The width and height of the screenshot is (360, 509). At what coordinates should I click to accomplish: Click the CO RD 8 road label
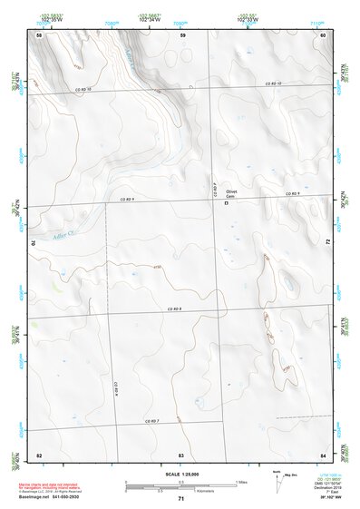[x=175, y=309]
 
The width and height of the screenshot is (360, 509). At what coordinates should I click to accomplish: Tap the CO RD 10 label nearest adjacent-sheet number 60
[x=273, y=83]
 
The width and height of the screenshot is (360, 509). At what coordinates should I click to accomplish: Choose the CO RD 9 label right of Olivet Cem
[x=292, y=194]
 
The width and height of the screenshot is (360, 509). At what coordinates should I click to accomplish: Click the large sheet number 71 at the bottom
[x=180, y=499]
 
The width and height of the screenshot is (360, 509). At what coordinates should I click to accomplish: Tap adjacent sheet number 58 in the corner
[x=39, y=34]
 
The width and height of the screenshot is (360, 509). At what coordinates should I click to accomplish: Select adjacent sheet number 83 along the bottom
[x=181, y=454]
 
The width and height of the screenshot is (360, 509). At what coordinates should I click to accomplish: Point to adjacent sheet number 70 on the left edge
[x=37, y=242]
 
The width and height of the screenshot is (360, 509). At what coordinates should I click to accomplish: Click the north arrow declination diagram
[x=277, y=475]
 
